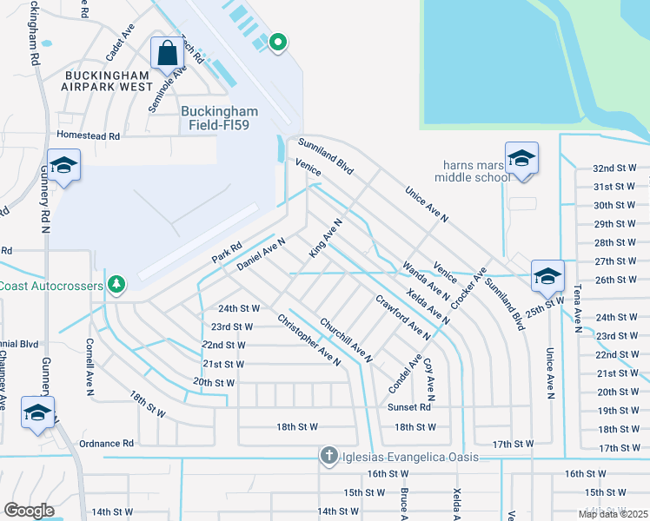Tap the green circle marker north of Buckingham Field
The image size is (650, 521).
278,42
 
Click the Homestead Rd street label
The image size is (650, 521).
88,136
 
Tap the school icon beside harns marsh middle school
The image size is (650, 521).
521,160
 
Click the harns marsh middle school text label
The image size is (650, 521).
475,171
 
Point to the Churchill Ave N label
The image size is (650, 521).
346,340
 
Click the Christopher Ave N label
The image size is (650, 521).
308,339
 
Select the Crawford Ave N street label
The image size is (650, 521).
402,317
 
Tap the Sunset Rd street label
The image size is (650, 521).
413,406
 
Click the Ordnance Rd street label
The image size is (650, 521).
106,443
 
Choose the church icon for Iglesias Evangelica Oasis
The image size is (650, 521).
328,455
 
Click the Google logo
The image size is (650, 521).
30,510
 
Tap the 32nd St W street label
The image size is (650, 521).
615,168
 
